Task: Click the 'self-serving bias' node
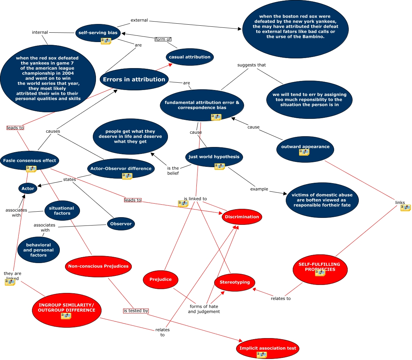98,33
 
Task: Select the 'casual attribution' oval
189,57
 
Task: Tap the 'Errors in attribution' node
134,79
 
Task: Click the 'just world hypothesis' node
214,157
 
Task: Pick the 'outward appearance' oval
305,147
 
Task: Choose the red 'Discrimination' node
242,217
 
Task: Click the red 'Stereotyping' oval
235,282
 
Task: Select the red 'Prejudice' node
160,279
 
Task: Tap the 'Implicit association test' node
268,348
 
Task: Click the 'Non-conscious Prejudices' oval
98,266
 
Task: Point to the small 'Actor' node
28,188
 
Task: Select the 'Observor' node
121,224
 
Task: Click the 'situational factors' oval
62,211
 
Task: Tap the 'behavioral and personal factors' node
38,250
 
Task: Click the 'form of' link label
163,39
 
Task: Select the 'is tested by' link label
136,311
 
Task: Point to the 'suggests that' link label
251,65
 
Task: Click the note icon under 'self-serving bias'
106,41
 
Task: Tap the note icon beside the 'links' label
405,208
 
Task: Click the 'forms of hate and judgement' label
204,309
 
